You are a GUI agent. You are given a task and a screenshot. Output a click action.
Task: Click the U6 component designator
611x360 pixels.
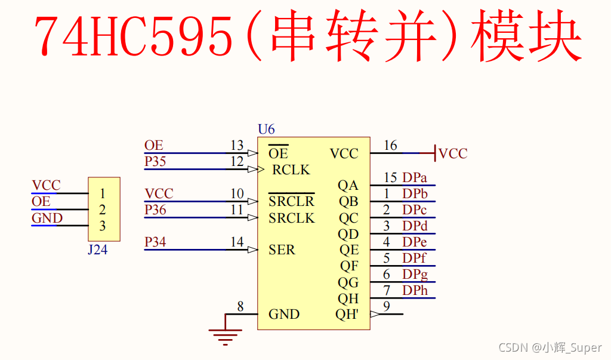click(266, 129)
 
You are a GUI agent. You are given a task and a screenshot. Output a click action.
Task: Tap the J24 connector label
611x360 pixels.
click(98, 250)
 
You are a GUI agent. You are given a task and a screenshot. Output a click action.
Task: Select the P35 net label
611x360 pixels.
click(155, 162)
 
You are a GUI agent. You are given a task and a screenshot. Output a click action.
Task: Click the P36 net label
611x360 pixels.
click(155, 210)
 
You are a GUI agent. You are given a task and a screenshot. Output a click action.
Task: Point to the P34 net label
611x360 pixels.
click(155, 242)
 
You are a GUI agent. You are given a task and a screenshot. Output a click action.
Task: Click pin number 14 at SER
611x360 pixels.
click(237, 242)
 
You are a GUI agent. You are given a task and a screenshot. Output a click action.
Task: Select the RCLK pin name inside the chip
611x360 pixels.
click(291, 170)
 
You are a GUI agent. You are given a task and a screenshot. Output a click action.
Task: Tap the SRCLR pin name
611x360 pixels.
click(291, 202)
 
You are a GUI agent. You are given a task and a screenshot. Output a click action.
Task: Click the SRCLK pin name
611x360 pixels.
click(291, 219)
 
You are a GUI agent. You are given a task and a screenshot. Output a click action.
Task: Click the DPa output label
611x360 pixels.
click(415, 178)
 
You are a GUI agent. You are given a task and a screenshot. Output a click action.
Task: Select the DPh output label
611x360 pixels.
click(415, 291)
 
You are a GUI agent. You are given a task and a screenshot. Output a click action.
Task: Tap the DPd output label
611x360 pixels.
click(415, 226)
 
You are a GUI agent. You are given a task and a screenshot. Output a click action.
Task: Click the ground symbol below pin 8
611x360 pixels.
click(225, 337)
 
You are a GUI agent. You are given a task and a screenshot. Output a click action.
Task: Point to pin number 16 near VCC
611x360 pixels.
click(390, 146)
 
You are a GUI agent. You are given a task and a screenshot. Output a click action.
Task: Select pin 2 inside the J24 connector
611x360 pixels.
click(103, 210)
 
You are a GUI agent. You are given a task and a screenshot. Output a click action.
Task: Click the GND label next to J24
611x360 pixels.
click(47, 219)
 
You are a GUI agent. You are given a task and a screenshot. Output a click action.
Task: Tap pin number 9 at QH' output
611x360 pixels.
click(387, 307)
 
